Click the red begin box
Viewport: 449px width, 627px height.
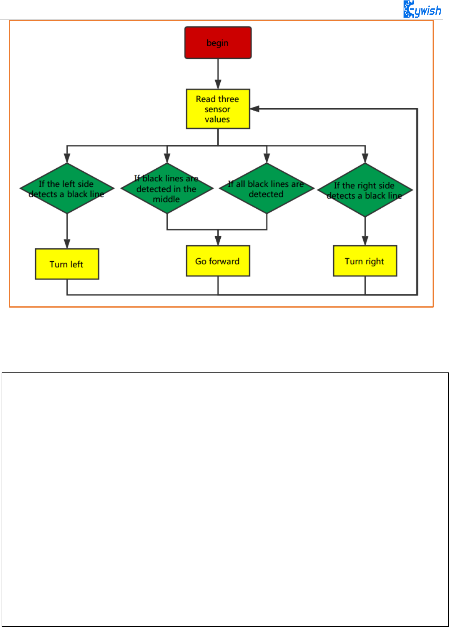coord(218,43)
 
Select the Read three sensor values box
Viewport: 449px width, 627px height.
coord(218,109)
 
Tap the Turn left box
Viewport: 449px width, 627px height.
coord(67,264)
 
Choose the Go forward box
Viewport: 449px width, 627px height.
coord(218,261)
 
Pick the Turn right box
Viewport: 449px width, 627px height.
coord(365,261)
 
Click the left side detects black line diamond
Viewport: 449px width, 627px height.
coord(67,189)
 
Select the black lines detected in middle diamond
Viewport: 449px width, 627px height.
coord(167,189)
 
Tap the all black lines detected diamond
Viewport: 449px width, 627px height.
coord(267,189)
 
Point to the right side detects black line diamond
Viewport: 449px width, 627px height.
coord(365,190)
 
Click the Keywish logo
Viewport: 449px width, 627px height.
coord(422,9)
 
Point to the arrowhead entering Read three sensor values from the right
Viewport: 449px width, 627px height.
coord(255,109)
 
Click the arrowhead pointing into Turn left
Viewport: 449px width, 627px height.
coord(67,244)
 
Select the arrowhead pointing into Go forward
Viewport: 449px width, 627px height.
coord(218,241)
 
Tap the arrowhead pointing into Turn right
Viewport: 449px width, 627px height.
coord(365,241)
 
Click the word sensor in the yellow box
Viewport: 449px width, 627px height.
coord(217,109)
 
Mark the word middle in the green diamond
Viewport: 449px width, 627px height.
coord(166,199)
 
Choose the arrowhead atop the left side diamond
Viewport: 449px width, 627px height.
coord(67,159)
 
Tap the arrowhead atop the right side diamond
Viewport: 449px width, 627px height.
coord(365,159)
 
